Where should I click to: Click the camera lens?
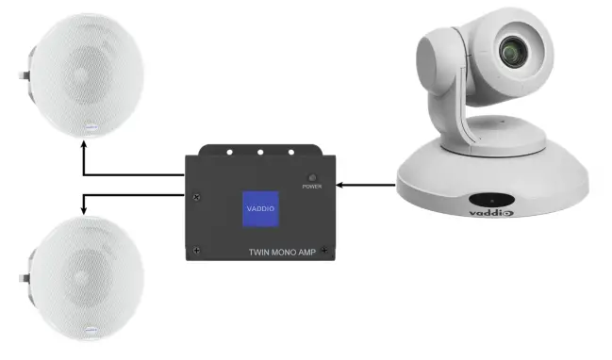point(517,49)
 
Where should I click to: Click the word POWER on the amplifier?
point(312,187)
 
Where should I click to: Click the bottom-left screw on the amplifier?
point(196,250)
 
